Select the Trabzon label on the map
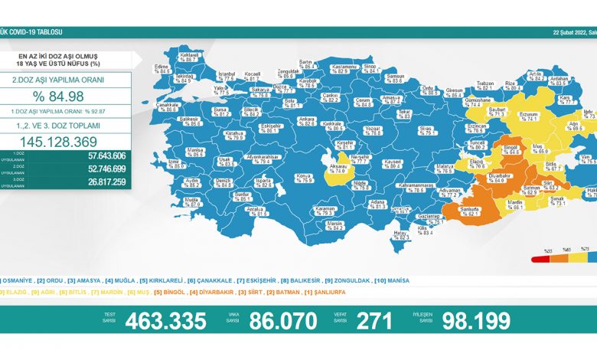(484, 85)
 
